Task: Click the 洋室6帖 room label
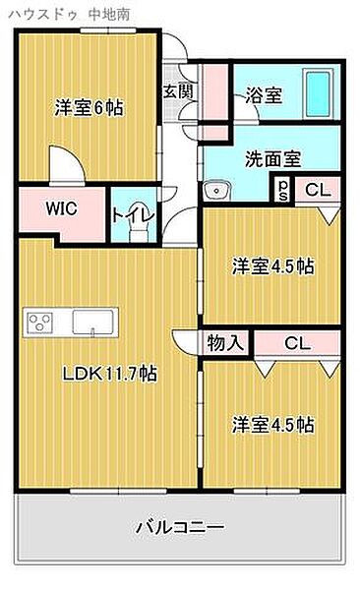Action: [x=88, y=109]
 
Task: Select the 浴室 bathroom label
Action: [x=264, y=95]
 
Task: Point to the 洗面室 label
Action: [x=272, y=157]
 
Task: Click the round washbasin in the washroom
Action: [x=216, y=190]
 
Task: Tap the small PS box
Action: [x=283, y=189]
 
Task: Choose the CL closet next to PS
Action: [x=318, y=190]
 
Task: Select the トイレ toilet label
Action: [x=131, y=213]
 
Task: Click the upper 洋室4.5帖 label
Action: [x=272, y=265]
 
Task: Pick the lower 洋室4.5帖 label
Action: [x=272, y=425]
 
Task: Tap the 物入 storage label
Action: [x=225, y=342]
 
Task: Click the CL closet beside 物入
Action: [x=295, y=342]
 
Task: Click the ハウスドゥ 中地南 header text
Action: [x=53, y=13]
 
